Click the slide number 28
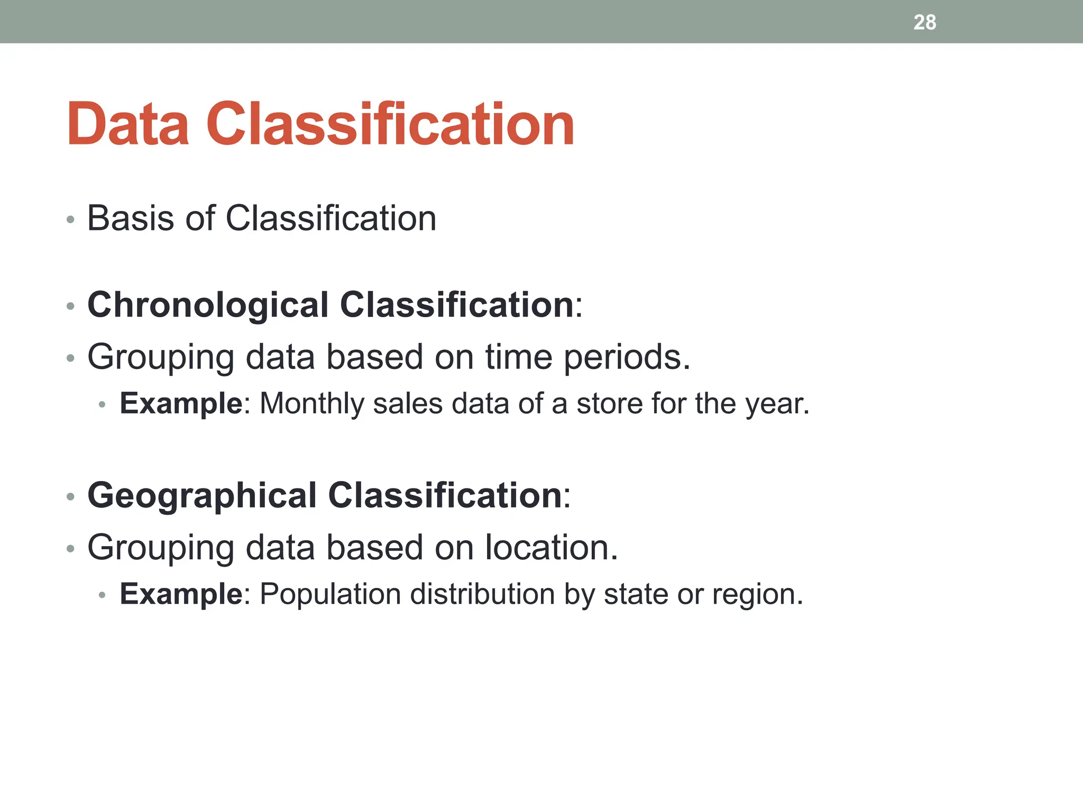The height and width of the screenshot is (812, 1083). (x=924, y=22)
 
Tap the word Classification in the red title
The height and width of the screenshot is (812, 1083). (x=390, y=124)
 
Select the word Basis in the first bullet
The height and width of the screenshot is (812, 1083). (x=130, y=218)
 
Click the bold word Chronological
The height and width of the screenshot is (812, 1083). (x=208, y=305)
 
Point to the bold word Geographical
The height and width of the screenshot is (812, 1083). (x=202, y=495)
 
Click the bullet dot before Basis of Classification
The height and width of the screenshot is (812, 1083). (x=70, y=219)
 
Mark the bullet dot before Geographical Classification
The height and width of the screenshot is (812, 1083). (x=70, y=497)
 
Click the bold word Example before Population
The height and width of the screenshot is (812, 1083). (x=181, y=595)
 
